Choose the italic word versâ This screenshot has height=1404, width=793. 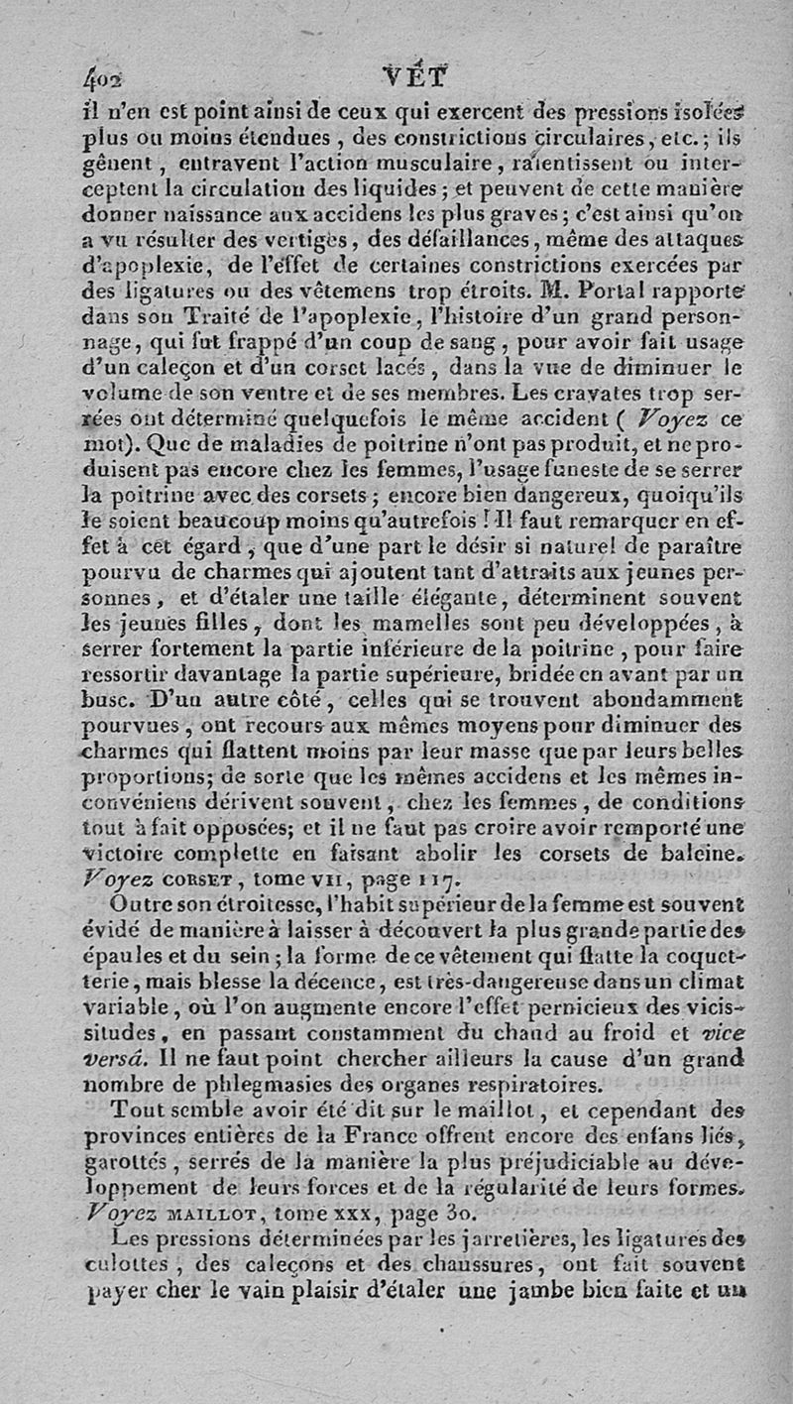120,1057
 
